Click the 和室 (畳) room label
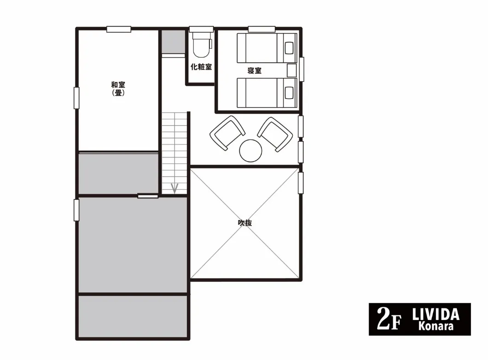click(x=118, y=89)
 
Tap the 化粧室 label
click(x=201, y=67)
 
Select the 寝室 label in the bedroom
click(x=254, y=70)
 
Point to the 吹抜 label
click(x=244, y=223)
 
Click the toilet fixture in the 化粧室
click(x=201, y=45)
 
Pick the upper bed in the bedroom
click(x=267, y=48)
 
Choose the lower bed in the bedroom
click(x=267, y=93)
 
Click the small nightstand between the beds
click(x=291, y=70)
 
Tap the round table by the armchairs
click(x=250, y=151)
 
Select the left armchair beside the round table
click(x=227, y=133)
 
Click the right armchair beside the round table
click(x=275, y=134)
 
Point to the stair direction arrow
click(x=174, y=188)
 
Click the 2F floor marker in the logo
click(x=389, y=319)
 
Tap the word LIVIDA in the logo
click(x=436, y=314)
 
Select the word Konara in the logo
click(x=436, y=326)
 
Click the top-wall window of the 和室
click(x=119, y=29)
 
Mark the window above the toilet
click(x=201, y=29)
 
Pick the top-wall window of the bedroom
click(x=262, y=29)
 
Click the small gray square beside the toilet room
click(x=174, y=42)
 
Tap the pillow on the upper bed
click(x=289, y=48)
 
